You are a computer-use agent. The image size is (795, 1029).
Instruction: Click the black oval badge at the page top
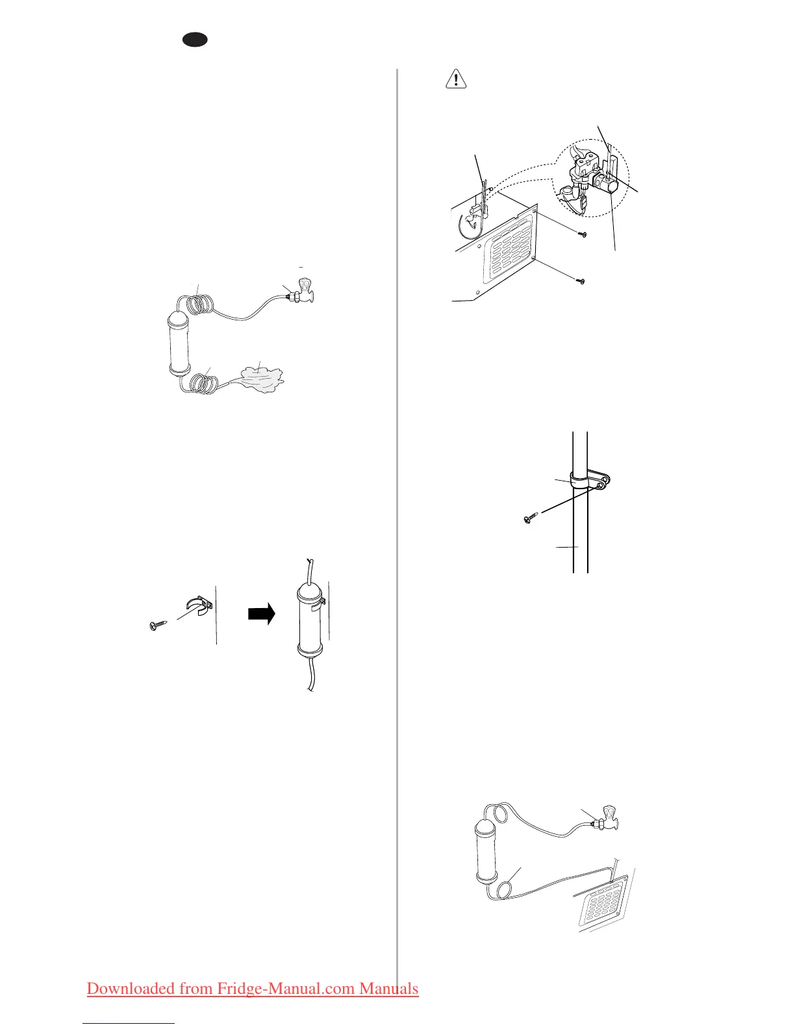[x=195, y=40]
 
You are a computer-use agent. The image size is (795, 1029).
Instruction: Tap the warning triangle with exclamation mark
[x=457, y=79]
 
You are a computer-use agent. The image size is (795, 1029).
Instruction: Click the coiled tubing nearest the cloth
[x=203, y=381]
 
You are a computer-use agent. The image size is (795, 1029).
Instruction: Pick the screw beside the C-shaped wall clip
[x=158, y=626]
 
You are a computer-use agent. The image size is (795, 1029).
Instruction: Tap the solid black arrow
[x=261, y=614]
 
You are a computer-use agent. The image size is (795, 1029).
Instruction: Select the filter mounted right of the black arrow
[x=310, y=620]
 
